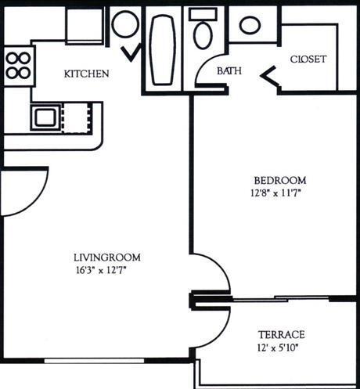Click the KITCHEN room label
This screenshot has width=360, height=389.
[x=87, y=74]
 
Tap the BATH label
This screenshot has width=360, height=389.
[x=229, y=71]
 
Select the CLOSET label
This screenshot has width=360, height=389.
[x=308, y=59]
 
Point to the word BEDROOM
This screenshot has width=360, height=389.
[x=280, y=180]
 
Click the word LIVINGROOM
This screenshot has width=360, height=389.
[x=107, y=258]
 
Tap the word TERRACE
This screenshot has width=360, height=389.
[x=282, y=334]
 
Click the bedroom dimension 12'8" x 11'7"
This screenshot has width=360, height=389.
[x=276, y=193]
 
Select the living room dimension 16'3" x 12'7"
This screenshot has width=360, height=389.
[x=101, y=270]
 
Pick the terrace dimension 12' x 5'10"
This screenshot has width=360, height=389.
[x=278, y=348]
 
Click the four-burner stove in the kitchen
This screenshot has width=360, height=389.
[x=18, y=66]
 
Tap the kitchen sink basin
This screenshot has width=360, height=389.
[x=46, y=117]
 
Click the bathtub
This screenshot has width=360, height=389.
[x=162, y=49]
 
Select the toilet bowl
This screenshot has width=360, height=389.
[x=202, y=36]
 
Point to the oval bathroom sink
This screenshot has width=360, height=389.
[x=250, y=25]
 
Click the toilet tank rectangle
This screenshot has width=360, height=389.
[x=203, y=14]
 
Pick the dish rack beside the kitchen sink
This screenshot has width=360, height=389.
[x=77, y=118]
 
